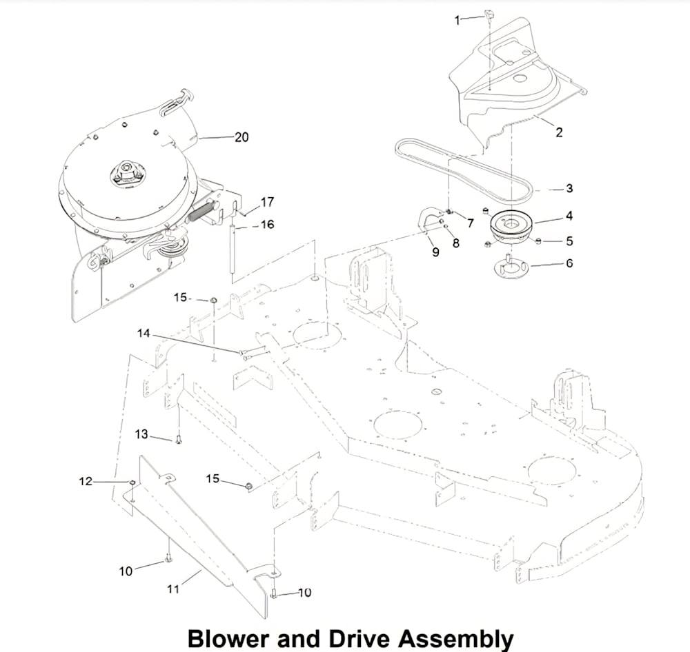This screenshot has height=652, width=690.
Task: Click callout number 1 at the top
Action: [457, 20]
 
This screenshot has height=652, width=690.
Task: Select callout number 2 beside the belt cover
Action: [559, 132]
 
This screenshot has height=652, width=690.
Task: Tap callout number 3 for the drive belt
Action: [569, 188]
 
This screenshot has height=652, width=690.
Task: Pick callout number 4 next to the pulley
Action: [569, 216]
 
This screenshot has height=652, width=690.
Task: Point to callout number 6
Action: [569, 263]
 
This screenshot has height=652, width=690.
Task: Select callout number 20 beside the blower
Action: [241, 137]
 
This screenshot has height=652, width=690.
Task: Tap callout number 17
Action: [267, 202]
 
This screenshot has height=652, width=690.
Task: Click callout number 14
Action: [144, 334]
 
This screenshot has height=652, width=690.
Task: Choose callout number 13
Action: [141, 434]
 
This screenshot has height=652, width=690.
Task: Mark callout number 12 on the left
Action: [86, 481]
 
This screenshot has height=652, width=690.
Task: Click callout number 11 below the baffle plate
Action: [173, 589]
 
